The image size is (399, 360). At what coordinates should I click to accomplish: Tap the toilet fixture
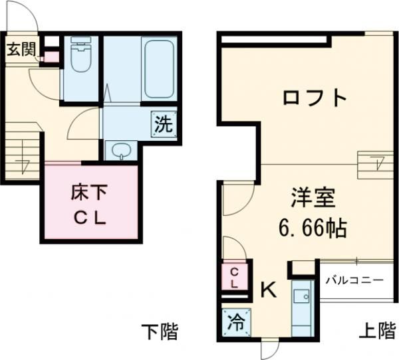pyautogui.click(x=80, y=57)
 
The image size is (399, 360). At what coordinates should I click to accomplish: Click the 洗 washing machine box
pyautogui.click(x=164, y=124)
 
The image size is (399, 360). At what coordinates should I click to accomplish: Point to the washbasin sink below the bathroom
pyautogui.click(x=120, y=151)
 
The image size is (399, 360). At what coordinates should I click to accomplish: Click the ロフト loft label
pyautogui.click(x=315, y=98)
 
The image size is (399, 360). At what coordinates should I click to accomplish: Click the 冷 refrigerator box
pyautogui.click(x=234, y=321)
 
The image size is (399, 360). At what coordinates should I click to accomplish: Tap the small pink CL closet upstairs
pyautogui.click(x=234, y=276)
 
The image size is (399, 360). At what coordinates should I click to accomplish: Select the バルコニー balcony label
pyautogui.click(x=354, y=280)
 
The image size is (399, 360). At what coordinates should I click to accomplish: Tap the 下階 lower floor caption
pyautogui.click(x=160, y=330)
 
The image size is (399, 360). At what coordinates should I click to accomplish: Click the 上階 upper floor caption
pyautogui.click(x=376, y=330)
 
